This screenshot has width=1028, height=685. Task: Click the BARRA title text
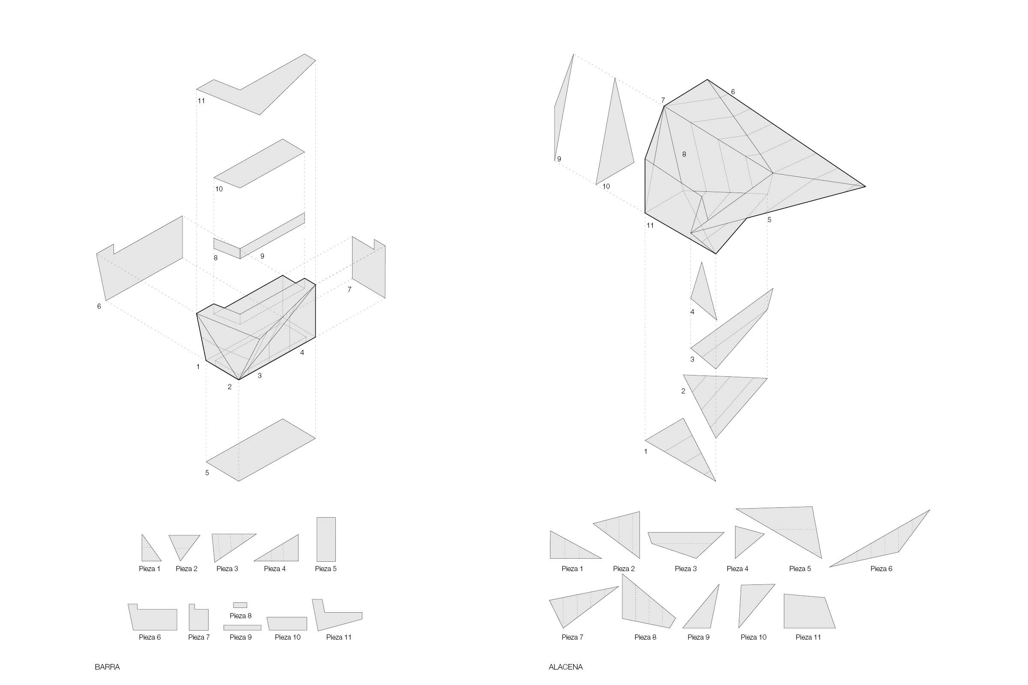point(107,667)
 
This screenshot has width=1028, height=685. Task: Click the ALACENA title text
point(565,667)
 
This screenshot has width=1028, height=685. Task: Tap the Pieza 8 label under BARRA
point(241,616)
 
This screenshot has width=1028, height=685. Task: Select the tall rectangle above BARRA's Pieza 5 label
point(326,539)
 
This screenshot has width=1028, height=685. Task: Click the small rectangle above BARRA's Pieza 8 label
point(240,605)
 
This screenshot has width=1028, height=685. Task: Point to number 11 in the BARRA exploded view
point(201,101)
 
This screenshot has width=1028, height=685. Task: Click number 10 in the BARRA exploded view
point(219,189)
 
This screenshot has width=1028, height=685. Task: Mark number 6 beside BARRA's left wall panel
point(99,306)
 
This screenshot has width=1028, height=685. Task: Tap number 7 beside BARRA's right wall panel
point(349,290)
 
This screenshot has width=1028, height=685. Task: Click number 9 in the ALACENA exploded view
point(559,159)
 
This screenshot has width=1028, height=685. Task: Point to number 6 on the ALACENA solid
point(733,92)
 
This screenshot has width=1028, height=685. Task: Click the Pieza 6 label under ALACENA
point(881,569)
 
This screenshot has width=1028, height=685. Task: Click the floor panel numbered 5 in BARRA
point(261,450)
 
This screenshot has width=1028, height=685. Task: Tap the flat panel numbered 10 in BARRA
point(259,164)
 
